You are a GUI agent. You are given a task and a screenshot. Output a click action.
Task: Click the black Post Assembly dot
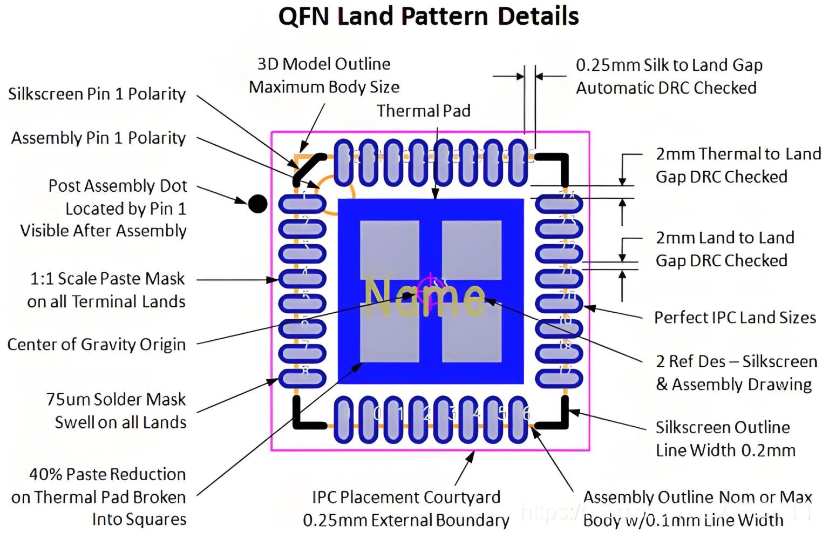point(257,204)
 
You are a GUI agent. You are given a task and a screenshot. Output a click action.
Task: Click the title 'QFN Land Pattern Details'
point(429,16)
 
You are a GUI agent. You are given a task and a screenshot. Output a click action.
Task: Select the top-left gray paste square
point(389,250)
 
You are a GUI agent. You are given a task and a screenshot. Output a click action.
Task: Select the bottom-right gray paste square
point(471,333)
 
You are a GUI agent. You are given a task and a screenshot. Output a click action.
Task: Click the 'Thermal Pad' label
point(423,111)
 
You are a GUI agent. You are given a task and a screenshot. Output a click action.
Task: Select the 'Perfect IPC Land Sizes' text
point(735,317)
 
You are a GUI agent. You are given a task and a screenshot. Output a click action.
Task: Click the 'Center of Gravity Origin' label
point(97,344)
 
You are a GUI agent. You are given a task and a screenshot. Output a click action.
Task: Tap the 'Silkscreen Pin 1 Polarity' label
point(97,93)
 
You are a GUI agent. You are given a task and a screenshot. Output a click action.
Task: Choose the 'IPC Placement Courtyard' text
point(406,497)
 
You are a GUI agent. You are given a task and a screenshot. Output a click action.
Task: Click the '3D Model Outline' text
point(324,64)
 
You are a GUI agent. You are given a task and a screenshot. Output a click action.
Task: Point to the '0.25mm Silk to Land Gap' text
point(669,65)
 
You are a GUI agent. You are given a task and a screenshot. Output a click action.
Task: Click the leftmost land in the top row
point(344,162)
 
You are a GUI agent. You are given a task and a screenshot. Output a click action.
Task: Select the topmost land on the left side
point(302,204)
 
